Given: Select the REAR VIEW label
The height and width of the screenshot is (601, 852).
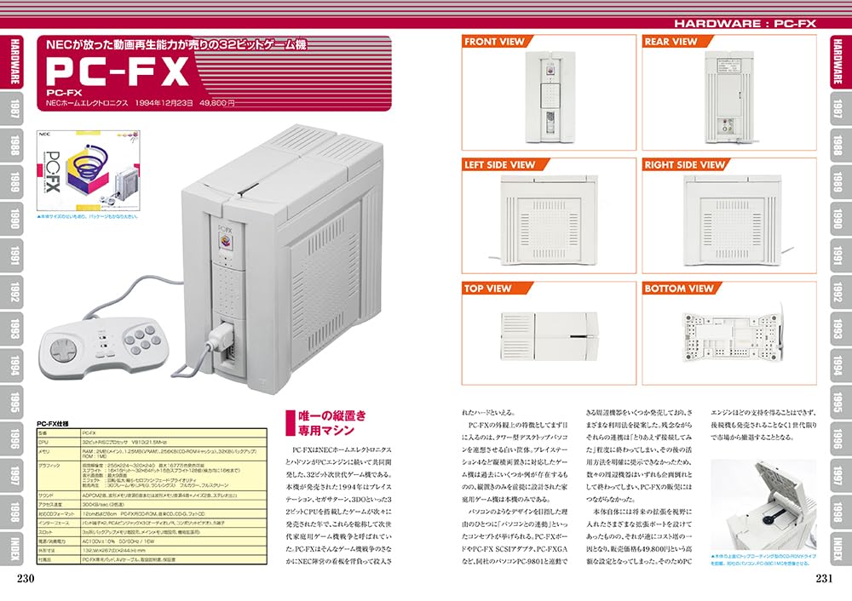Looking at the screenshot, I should coord(671,41).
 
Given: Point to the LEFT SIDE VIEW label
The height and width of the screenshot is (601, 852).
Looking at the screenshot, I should coord(499,164).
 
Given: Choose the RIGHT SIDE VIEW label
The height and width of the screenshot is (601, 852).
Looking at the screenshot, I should coord(684,164).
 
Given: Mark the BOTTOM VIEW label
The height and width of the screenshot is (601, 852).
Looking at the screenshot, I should coord(678,289).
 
